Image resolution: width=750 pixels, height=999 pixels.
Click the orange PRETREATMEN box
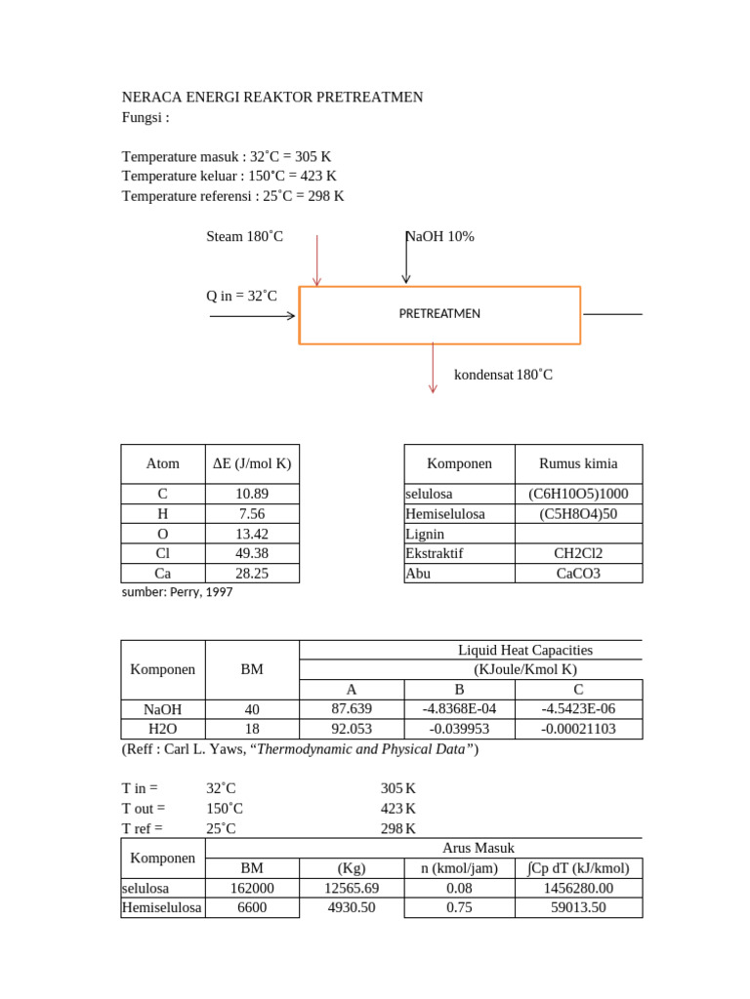coord(439,314)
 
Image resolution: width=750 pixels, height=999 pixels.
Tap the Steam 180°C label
coord(244,236)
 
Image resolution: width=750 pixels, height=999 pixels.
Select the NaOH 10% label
coord(440,236)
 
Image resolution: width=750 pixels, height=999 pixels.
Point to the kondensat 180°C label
coord(503,375)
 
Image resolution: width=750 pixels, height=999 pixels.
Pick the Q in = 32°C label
coord(241,296)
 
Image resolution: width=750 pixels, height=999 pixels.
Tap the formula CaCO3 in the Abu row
coord(579,573)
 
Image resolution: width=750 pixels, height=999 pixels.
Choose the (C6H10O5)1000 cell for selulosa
coord(579,494)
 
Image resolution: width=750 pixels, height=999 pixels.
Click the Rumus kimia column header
coord(579,463)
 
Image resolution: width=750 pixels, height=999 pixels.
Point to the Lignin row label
coord(425,534)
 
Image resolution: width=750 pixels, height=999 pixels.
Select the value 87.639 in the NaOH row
coord(352,709)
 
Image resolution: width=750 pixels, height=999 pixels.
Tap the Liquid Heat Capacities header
coord(525,650)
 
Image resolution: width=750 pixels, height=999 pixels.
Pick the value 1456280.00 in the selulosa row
coord(579,888)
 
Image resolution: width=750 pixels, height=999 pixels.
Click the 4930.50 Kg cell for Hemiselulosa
coord(351,907)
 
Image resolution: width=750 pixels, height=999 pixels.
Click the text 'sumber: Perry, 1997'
coord(177,592)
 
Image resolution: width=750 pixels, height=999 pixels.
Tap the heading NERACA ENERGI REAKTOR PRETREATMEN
coord(271,98)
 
